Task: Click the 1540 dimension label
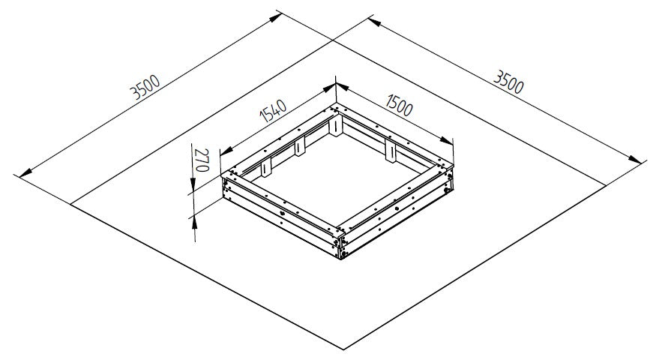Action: click(273, 110)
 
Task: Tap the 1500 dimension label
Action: click(399, 105)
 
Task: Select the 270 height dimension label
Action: click(202, 160)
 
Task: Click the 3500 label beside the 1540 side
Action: click(145, 87)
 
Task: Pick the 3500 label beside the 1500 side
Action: click(508, 82)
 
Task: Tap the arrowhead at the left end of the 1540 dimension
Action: click(226, 151)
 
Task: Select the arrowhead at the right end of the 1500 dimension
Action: click(446, 141)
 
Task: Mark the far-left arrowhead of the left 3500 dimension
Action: click(25, 172)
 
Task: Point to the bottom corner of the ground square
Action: click(343, 349)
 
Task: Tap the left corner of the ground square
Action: click(70, 204)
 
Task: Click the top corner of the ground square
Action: click(334, 40)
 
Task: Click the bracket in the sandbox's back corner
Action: click(336, 125)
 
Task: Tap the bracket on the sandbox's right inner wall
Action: click(391, 150)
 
